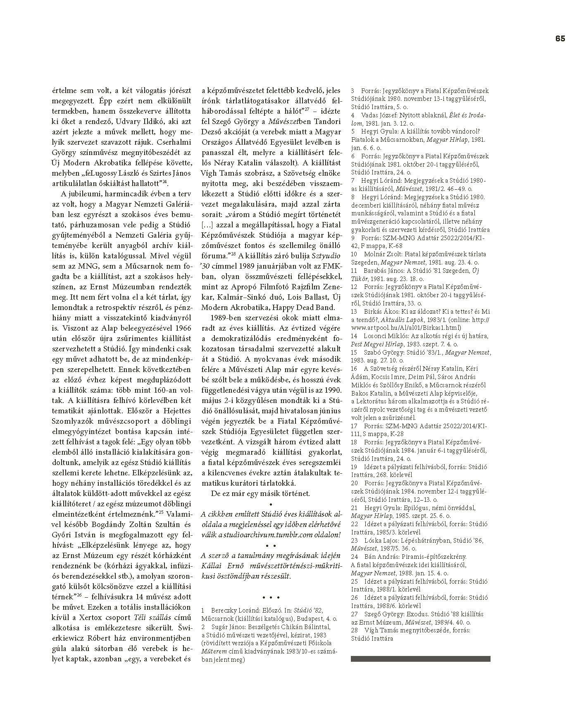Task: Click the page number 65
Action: (x=560, y=38)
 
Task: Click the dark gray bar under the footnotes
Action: (x=420, y=659)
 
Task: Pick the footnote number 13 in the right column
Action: (x=354, y=311)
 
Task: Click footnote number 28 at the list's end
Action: (x=354, y=630)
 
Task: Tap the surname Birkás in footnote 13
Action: (x=371, y=311)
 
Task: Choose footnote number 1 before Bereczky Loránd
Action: (x=203, y=610)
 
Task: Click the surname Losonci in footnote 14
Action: (x=376, y=336)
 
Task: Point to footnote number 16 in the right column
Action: (x=354, y=368)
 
